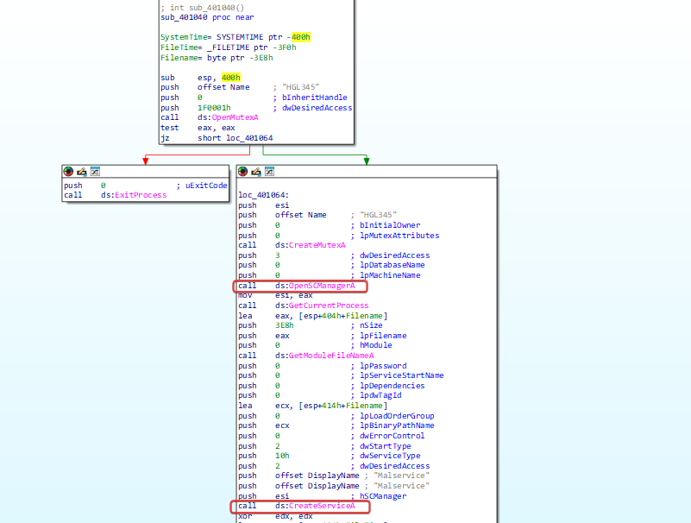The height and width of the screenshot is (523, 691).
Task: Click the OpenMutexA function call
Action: [x=235, y=117]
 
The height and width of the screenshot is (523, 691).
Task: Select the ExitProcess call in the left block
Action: [x=141, y=195]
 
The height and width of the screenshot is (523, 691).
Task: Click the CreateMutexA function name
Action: [x=317, y=245]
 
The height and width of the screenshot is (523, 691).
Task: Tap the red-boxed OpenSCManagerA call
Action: [x=300, y=287]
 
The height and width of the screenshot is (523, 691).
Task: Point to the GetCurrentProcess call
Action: [x=329, y=306]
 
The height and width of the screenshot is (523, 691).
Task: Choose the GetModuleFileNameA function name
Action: [x=331, y=356]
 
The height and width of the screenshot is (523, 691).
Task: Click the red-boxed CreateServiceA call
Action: [x=300, y=507]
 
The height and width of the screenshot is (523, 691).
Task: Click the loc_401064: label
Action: [x=263, y=195]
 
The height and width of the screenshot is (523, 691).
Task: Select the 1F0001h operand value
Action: [x=214, y=108]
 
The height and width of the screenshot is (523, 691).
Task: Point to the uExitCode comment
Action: [x=206, y=186]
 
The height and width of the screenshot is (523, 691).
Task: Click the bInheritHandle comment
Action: [x=314, y=97]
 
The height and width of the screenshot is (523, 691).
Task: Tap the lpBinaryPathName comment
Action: [x=397, y=425]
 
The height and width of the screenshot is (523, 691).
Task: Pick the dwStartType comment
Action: [x=385, y=446]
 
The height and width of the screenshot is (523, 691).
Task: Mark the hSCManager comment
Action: [x=383, y=496]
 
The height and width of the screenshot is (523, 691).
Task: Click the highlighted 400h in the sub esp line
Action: [x=231, y=78]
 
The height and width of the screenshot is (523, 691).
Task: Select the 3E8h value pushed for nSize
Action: [x=284, y=325]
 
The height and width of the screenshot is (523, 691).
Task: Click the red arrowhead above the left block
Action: [x=146, y=161]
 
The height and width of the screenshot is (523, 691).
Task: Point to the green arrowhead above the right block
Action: [x=367, y=161]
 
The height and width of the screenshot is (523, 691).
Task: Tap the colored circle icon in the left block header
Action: [x=68, y=171]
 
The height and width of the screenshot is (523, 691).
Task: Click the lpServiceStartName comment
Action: [x=401, y=375]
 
